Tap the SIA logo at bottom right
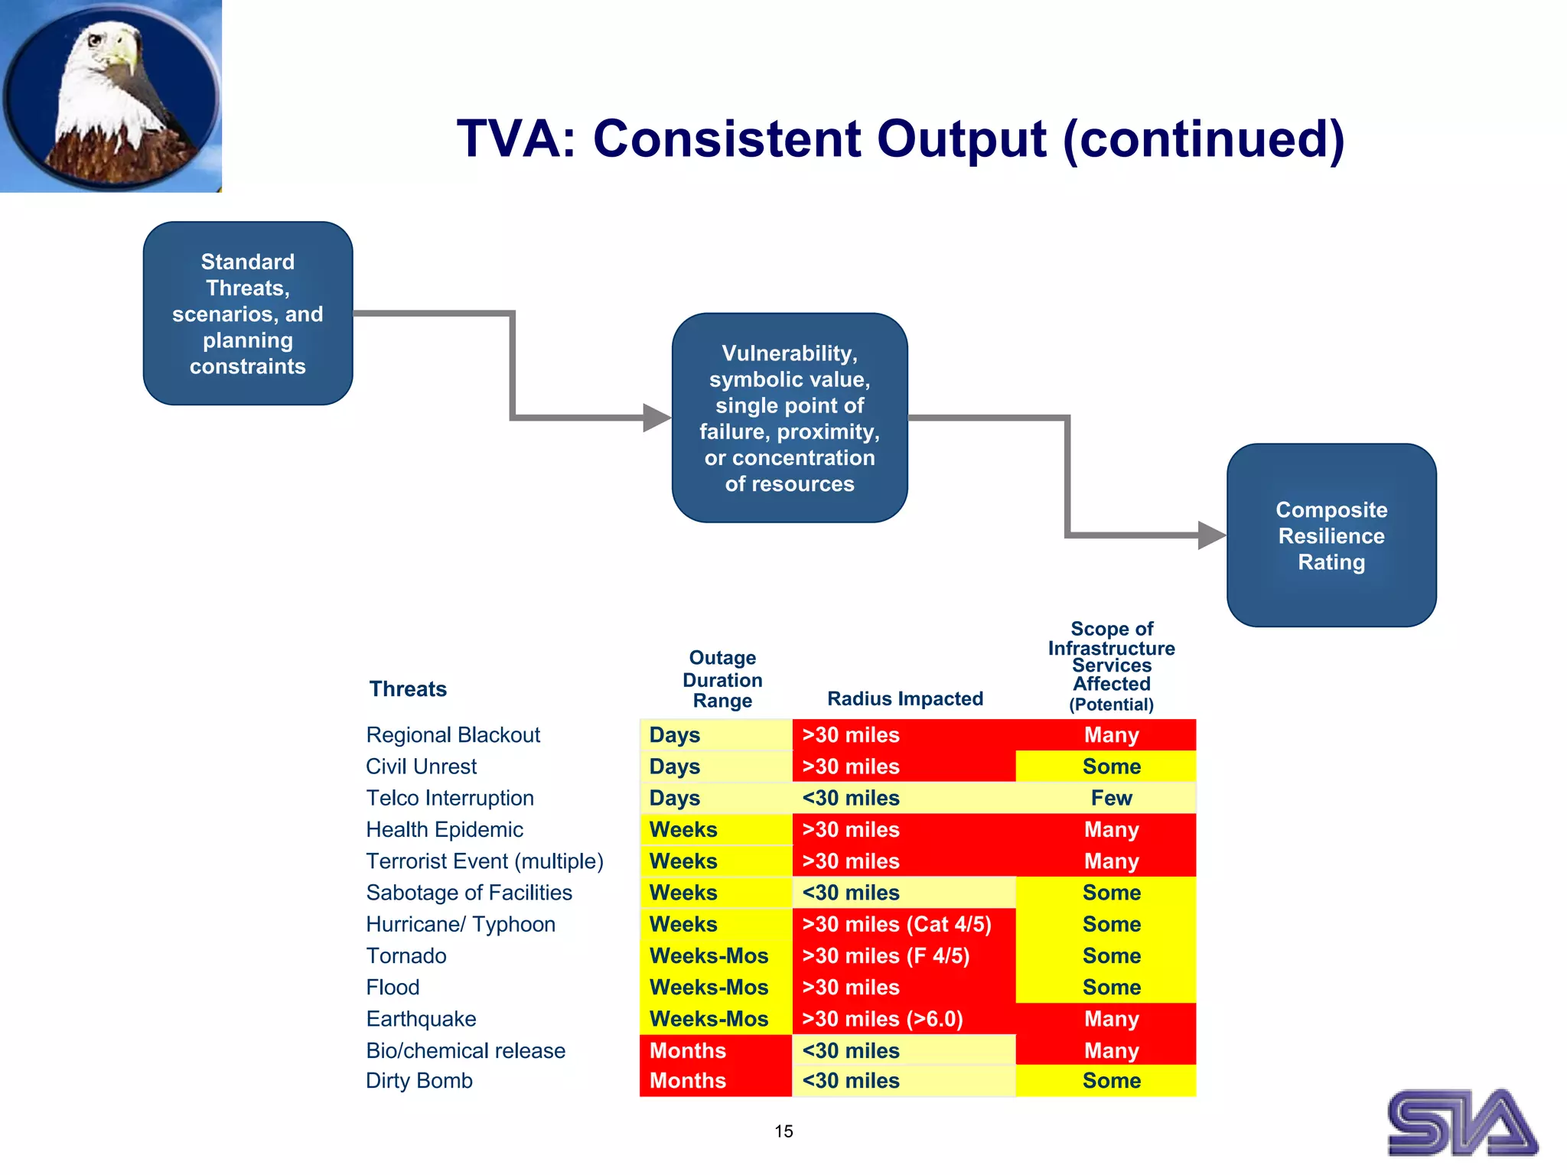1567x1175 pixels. (1461, 1122)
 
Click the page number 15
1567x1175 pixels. (783, 1131)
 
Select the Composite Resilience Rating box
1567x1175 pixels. (1331, 535)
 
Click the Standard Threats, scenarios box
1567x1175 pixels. (248, 314)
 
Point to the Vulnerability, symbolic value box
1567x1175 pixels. (790, 418)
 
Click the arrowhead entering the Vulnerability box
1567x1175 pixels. (656, 418)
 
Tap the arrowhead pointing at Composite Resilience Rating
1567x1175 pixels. (1211, 535)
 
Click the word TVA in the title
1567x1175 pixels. (514, 139)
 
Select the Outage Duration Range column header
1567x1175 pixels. (722, 679)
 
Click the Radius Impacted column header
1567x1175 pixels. (905, 698)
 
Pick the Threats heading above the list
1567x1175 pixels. (408, 689)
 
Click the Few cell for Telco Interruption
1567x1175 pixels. (1111, 798)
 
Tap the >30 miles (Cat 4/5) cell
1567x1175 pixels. (897, 924)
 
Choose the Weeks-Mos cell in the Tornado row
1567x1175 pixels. (709, 956)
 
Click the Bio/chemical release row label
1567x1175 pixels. (465, 1050)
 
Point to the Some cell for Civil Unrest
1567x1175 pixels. (1111, 767)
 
